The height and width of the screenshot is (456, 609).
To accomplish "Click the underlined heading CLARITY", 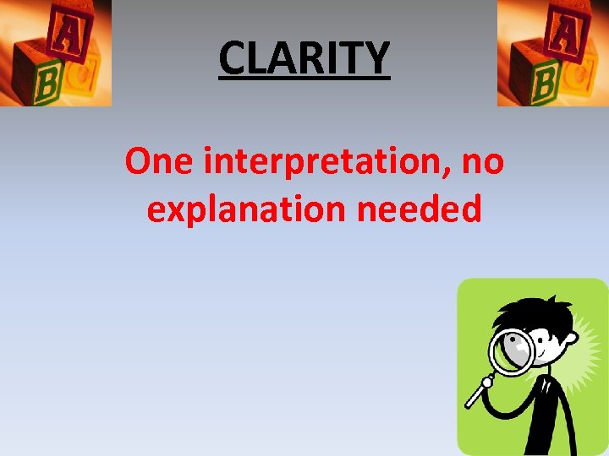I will (304, 57).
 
